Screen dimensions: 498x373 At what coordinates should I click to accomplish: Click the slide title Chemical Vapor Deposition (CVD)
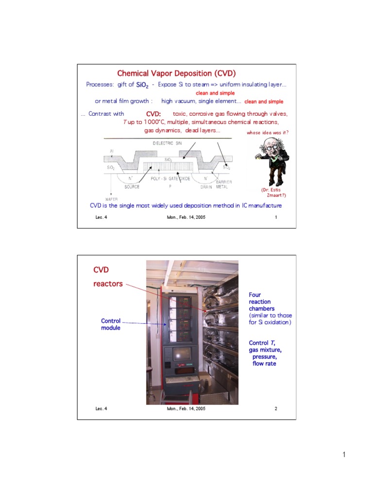point(176,73)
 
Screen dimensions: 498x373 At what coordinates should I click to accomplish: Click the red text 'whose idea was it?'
point(268,132)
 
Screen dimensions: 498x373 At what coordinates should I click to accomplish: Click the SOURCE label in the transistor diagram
point(132,187)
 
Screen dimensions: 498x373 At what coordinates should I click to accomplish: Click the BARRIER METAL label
point(223,184)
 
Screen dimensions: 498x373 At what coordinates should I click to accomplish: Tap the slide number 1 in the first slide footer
point(276,217)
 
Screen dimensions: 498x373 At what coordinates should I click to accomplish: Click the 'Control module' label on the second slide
point(110,325)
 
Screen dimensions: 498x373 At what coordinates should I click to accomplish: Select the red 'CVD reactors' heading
point(108,276)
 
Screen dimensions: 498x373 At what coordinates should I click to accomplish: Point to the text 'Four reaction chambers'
point(262,302)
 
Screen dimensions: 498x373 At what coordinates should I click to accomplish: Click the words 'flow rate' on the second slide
point(264,363)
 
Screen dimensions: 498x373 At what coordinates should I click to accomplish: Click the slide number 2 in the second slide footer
point(276,409)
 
